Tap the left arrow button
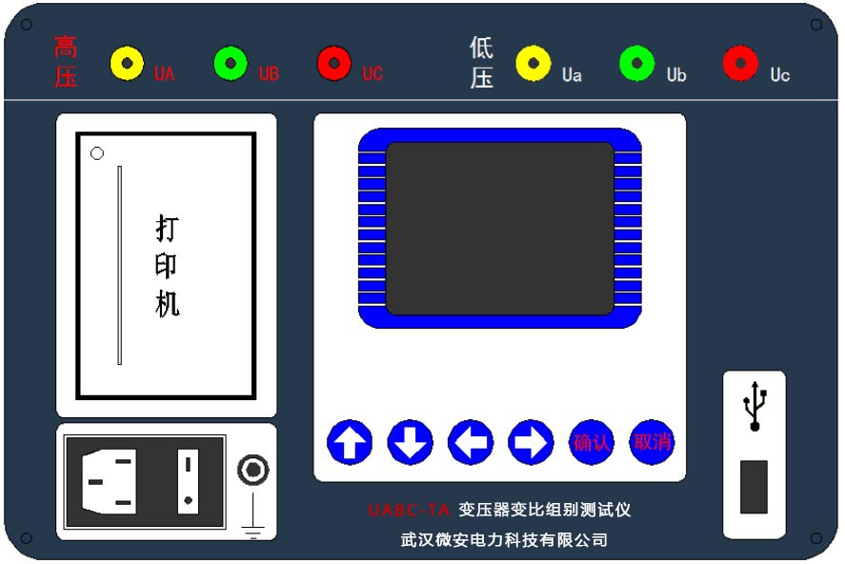coord(471,442)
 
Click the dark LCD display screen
coord(499,229)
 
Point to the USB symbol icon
coord(755,406)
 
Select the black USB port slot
coord(754,487)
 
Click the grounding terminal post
coord(252,470)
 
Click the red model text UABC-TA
coord(408,511)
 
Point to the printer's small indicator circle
coord(97,153)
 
